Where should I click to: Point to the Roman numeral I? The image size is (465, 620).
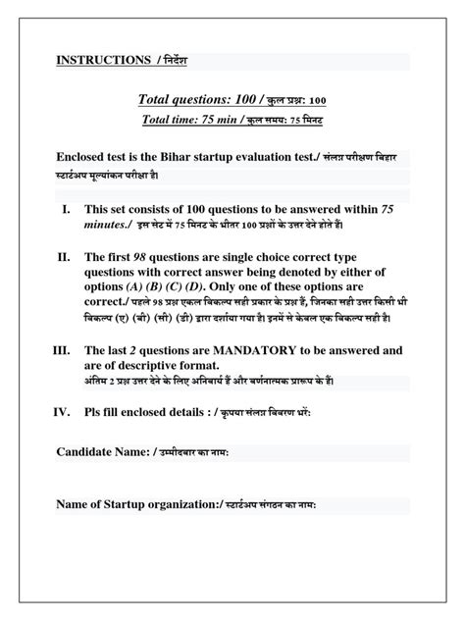(66, 209)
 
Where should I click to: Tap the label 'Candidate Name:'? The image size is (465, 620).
(99, 450)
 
